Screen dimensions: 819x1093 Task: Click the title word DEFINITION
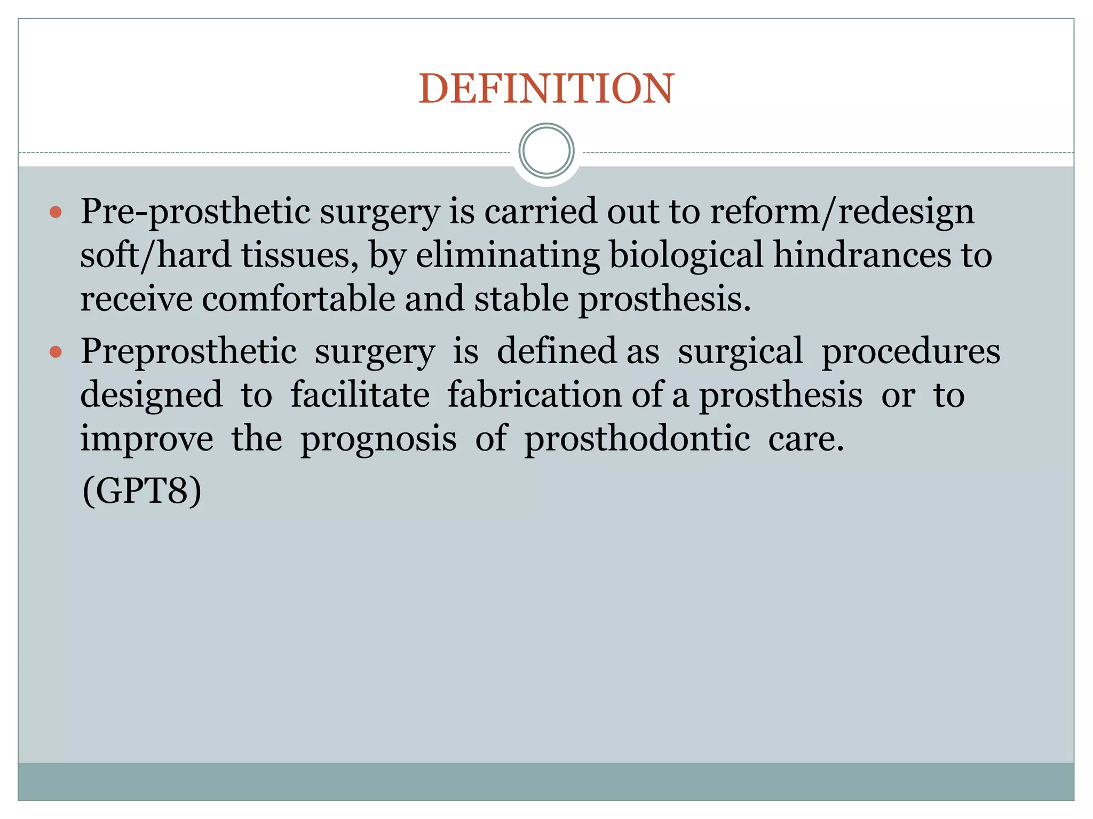click(x=546, y=89)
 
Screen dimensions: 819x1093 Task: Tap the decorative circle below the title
click(x=546, y=151)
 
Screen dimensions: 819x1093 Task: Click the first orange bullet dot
click(x=56, y=213)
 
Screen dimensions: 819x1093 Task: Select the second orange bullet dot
click(x=56, y=352)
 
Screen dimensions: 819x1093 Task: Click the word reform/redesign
click(x=842, y=212)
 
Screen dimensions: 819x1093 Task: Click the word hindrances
click(x=862, y=255)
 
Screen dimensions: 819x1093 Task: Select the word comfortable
click(x=298, y=299)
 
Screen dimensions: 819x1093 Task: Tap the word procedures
click(x=910, y=352)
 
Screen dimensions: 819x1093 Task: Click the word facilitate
click(x=360, y=395)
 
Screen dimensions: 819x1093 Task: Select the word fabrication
click(x=534, y=395)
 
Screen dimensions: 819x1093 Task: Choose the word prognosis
click(x=378, y=440)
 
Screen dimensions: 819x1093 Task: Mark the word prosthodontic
click(x=637, y=439)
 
